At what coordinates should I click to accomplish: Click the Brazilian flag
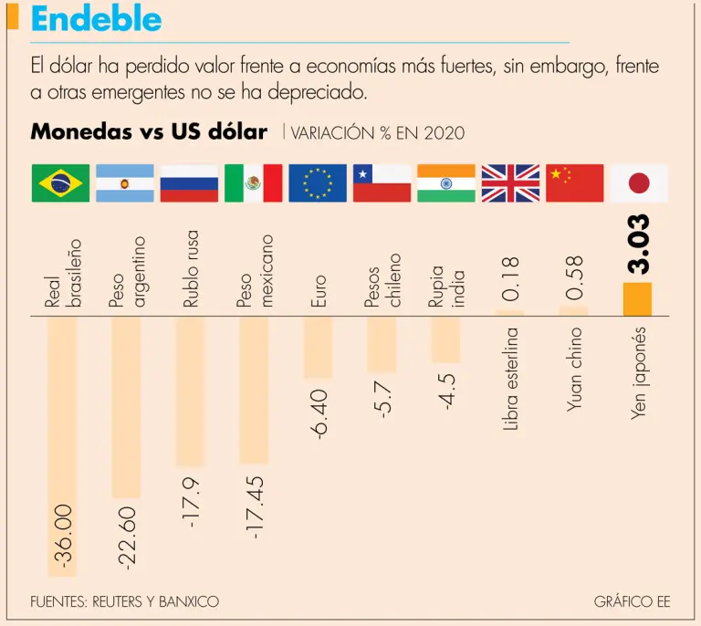pyautogui.click(x=60, y=183)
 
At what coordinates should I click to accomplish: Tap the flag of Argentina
pyautogui.click(x=125, y=183)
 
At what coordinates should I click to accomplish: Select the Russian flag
pyautogui.click(x=189, y=183)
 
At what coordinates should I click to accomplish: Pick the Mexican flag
pyautogui.click(x=253, y=183)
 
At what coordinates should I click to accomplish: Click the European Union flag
pyautogui.click(x=318, y=183)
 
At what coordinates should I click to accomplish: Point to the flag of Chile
pyautogui.click(x=382, y=183)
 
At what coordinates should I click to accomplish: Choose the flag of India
pyautogui.click(x=446, y=183)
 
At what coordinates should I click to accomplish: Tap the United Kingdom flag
pyautogui.click(x=510, y=183)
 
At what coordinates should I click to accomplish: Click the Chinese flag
pyautogui.click(x=575, y=183)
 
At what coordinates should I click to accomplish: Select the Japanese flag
pyautogui.click(x=639, y=183)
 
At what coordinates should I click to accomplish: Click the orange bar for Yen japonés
pyautogui.click(x=638, y=299)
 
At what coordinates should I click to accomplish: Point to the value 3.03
pyautogui.click(x=639, y=244)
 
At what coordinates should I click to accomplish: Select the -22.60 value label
pyautogui.click(x=127, y=537)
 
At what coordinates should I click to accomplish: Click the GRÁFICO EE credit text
pyautogui.click(x=632, y=602)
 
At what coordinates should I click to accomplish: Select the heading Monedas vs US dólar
pyautogui.click(x=149, y=132)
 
